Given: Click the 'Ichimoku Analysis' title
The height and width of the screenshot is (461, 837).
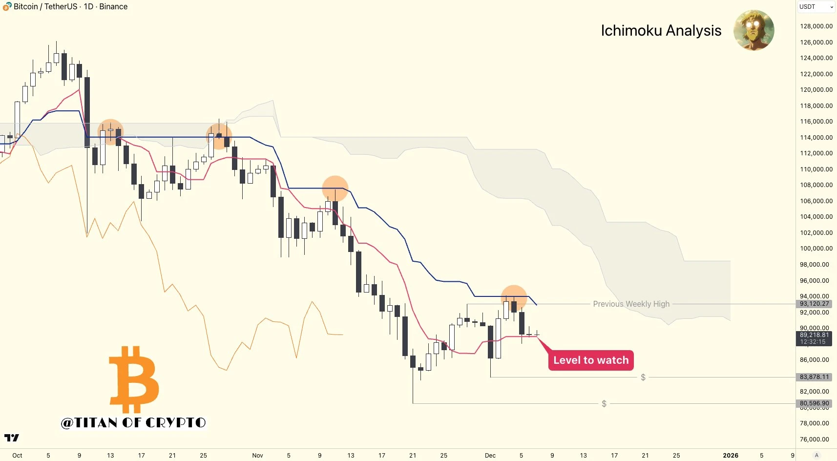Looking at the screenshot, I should click(x=661, y=31).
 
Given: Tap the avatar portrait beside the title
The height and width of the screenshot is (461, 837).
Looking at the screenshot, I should click(x=753, y=30).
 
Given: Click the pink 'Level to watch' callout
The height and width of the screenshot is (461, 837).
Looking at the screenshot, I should click(x=591, y=360).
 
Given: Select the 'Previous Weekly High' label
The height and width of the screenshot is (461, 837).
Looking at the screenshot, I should click(x=631, y=304).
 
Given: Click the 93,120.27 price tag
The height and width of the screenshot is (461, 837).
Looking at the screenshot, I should click(x=814, y=304).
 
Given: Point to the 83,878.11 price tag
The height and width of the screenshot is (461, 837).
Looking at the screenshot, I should click(x=814, y=377).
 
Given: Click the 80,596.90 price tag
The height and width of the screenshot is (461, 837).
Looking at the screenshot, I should click(x=814, y=403).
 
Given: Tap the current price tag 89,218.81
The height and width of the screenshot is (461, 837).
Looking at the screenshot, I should click(x=814, y=335).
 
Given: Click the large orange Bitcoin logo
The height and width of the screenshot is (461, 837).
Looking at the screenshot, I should click(x=134, y=379).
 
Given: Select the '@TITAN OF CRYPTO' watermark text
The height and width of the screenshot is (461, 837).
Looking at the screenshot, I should click(x=133, y=423).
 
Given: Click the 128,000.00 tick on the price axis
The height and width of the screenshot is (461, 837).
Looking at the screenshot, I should click(x=816, y=26).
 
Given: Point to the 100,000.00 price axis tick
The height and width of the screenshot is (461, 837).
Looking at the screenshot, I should click(x=816, y=249).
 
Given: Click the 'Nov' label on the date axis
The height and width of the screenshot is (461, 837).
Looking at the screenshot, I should click(x=257, y=456).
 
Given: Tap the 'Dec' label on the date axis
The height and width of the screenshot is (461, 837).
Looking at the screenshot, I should click(x=490, y=456).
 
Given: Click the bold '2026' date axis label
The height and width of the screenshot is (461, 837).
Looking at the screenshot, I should click(x=731, y=456).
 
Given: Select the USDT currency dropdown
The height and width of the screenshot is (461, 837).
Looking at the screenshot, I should click(x=816, y=7).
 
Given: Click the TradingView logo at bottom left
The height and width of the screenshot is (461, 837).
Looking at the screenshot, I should click(x=12, y=438).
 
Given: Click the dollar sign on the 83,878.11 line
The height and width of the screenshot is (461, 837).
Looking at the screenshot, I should click(x=643, y=377).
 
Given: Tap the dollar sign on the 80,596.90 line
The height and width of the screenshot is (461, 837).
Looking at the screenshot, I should click(x=604, y=404).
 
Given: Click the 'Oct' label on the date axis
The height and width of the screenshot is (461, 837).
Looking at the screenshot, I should click(x=17, y=456).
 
